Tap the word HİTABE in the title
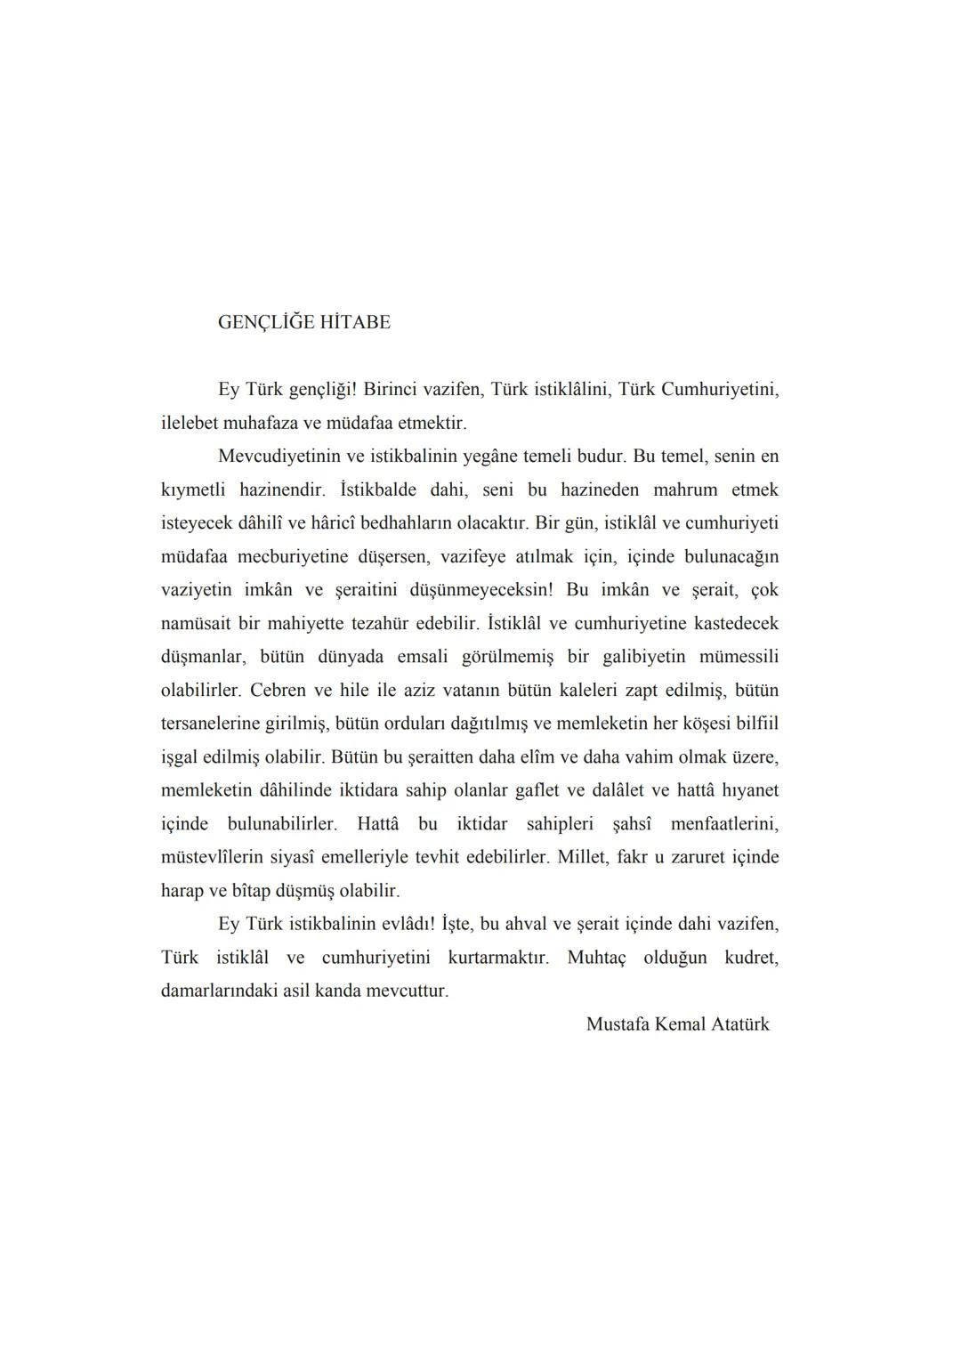[x=355, y=322]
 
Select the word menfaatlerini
[x=724, y=824]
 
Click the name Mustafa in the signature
[x=618, y=1024]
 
